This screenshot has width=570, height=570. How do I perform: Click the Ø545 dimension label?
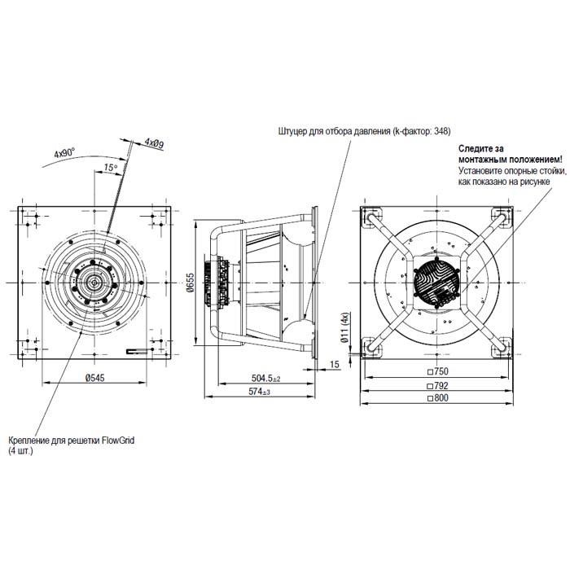pyautogui.click(x=95, y=378)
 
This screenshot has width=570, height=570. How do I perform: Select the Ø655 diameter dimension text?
pyautogui.click(x=190, y=282)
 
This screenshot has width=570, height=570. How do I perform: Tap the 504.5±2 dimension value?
pyautogui.click(x=265, y=379)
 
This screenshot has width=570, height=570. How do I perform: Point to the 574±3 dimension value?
pyautogui.click(x=259, y=392)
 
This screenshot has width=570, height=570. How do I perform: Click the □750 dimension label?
pyautogui.click(x=438, y=371)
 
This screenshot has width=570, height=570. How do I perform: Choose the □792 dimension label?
pyautogui.click(x=438, y=385)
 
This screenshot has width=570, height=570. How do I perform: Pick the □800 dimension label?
pyautogui.click(x=438, y=397)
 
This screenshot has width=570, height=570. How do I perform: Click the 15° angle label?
pyautogui.click(x=111, y=168)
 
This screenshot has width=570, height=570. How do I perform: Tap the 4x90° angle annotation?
pyautogui.click(x=64, y=152)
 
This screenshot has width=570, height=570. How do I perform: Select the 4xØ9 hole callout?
pyautogui.click(x=154, y=142)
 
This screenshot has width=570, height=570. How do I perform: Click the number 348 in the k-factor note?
pyautogui.click(x=441, y=131)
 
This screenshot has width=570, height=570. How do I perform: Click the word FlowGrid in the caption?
pyautogui.click(x=118, y=441)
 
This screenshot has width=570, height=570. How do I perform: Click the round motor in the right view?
pyautogui.click(x=436, y=283)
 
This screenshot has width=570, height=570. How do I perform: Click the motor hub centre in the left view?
pyautogui.click(x=94, y=283)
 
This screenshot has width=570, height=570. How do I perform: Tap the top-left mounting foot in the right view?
pyautogui.click(x=371, y=217)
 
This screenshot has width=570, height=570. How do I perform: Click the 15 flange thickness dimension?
pyautogui.click(x=335, y=364)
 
